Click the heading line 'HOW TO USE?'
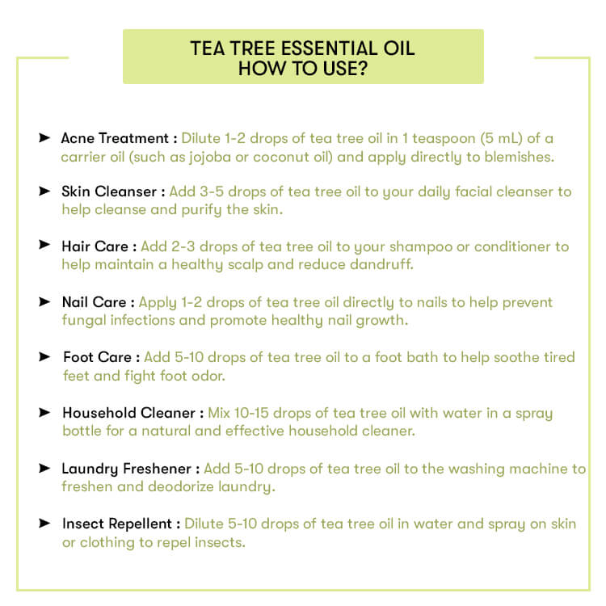(303, 69)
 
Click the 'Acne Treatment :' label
(119, 138)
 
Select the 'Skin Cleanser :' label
(113, 192)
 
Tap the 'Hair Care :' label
(99, 246)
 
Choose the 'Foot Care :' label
(101, 357)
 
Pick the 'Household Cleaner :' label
(133, 413)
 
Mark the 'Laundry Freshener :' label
(130, 469)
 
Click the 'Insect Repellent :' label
(121, 524)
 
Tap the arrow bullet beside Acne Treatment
(44, 138)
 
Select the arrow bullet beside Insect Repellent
(44, 524)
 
